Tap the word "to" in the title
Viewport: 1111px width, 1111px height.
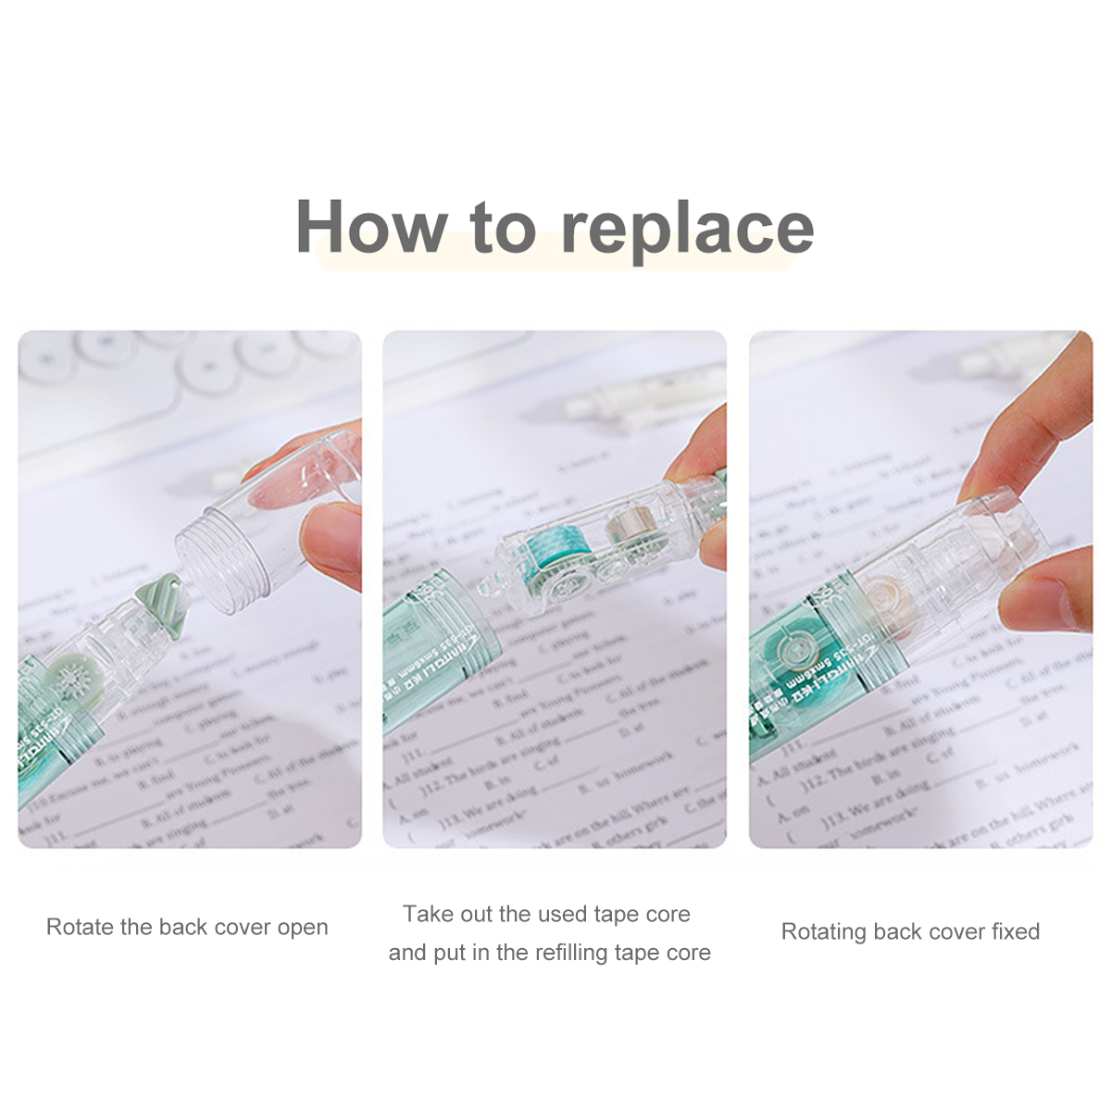click(x=503, y=228)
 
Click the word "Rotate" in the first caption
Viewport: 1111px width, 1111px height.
click(x=81, y=927)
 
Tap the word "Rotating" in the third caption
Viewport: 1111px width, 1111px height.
click(x=824, y=931)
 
